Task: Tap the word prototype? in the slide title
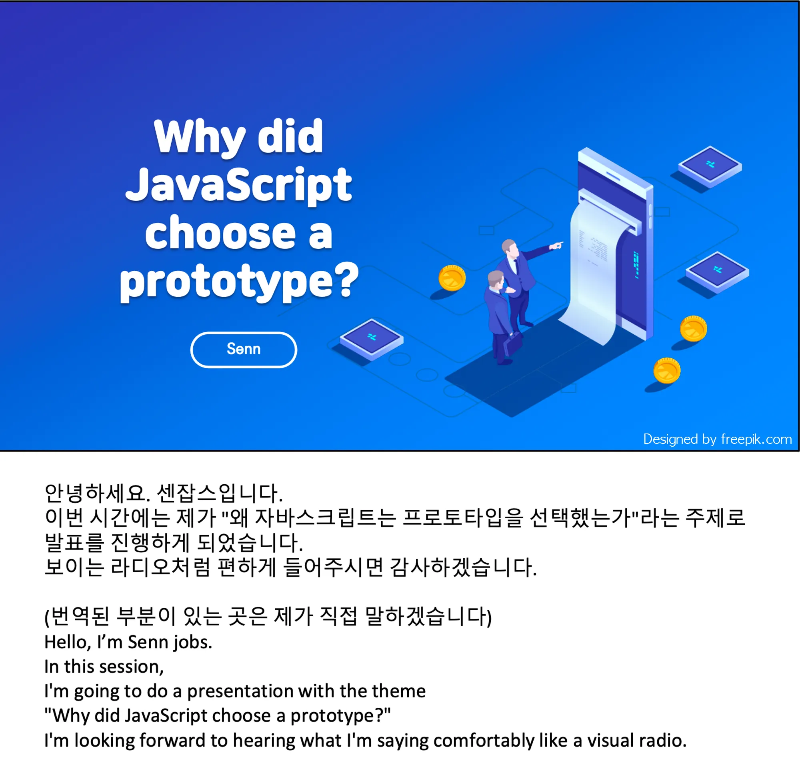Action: (239, 282)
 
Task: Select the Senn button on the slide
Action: (244, 350)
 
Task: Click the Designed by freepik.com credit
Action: (717, 439)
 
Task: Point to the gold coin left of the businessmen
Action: (452, 278)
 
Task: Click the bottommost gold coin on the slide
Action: (666, 371)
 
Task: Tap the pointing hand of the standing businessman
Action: (556, 245)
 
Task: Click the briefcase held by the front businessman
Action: (513, 344)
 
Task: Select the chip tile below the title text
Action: (372, 339)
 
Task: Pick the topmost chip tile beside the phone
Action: (710, 166)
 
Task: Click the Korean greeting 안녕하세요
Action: (98, 493)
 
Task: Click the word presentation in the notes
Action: (240, 691)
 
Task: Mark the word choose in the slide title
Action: (220, 233)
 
